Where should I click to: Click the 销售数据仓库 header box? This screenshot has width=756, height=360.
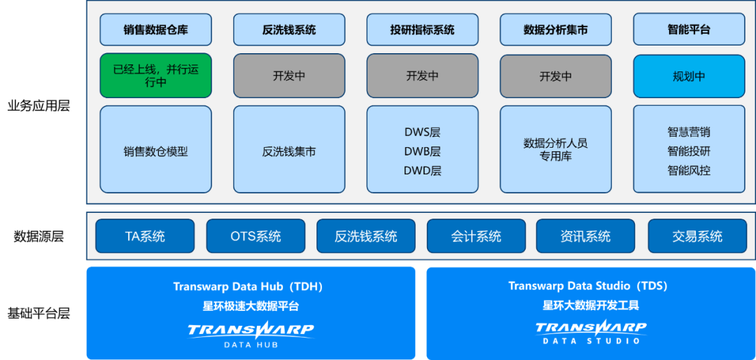click(155, 30)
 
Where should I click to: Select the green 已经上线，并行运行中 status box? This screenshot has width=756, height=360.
click(155, 76)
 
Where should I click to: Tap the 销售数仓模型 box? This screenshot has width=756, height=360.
click(155, 151)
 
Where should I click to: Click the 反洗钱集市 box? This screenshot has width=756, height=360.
click(289, 151)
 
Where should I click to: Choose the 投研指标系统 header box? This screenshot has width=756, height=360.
click(422, 30)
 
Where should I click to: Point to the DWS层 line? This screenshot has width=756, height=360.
click(422, 132)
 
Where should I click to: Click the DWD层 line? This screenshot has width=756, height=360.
click(422, 170)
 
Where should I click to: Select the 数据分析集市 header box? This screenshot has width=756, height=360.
click(555, 30)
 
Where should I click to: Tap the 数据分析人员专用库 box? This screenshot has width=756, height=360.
click(555, 149)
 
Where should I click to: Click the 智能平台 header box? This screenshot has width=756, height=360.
click(689, 30)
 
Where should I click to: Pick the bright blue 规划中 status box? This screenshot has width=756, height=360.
click(689, 76)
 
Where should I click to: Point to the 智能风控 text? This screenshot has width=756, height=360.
click(689, 170)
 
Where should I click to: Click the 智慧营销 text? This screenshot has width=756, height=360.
click(689, 132)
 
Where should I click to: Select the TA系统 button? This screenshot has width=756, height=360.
click(145, 236)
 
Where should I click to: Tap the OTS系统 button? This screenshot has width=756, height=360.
click(255, 236)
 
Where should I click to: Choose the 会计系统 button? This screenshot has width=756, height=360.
click(476, 236)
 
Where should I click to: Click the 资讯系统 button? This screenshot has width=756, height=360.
click(585, 236)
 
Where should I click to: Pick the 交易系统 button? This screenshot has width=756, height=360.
click(697, 236)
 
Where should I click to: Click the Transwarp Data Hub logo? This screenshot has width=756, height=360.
click(251, 333)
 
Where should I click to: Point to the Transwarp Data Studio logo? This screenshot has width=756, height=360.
click(591, 331)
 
